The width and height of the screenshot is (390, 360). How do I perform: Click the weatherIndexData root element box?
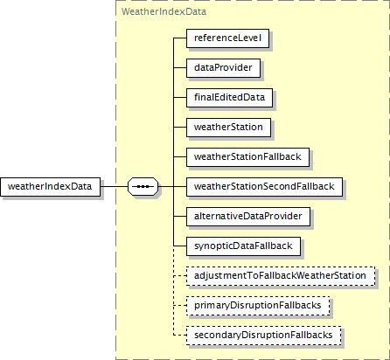coord(50,187)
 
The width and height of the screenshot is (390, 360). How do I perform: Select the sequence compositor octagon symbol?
coord(143,186)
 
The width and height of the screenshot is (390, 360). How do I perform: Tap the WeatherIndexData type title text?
coord(164,11)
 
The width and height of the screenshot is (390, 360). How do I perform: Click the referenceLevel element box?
coord(227,38)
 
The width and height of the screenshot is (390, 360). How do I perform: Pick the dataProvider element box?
coord(223,68)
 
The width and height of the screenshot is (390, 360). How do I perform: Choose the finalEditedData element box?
coord(229,98)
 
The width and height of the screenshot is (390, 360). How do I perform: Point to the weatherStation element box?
coord(228,128)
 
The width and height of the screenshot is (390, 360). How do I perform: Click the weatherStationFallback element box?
coord(247,157)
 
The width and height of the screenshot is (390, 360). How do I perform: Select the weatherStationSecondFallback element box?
coord(264,187)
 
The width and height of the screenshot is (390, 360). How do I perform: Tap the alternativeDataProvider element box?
coord(248,217)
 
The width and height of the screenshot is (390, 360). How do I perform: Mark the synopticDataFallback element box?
coord(243,246)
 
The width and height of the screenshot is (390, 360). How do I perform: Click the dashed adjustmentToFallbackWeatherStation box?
coord(281,276)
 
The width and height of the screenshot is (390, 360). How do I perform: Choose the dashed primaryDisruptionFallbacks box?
coord(258,306)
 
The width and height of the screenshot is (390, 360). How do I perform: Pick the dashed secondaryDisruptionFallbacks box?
coord(264,336)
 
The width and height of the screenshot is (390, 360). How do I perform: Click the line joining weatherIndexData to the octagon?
coord(114,186)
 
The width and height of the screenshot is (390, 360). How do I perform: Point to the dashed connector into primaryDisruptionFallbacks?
coord(180,306)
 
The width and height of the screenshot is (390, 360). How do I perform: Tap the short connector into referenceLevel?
coord(180,38)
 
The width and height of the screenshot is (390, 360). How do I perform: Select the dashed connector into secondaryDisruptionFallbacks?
coord(180,336)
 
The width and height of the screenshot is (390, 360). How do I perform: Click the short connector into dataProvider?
coord(180,68)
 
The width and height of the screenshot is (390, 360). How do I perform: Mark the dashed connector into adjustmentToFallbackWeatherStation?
coord(180,276)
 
